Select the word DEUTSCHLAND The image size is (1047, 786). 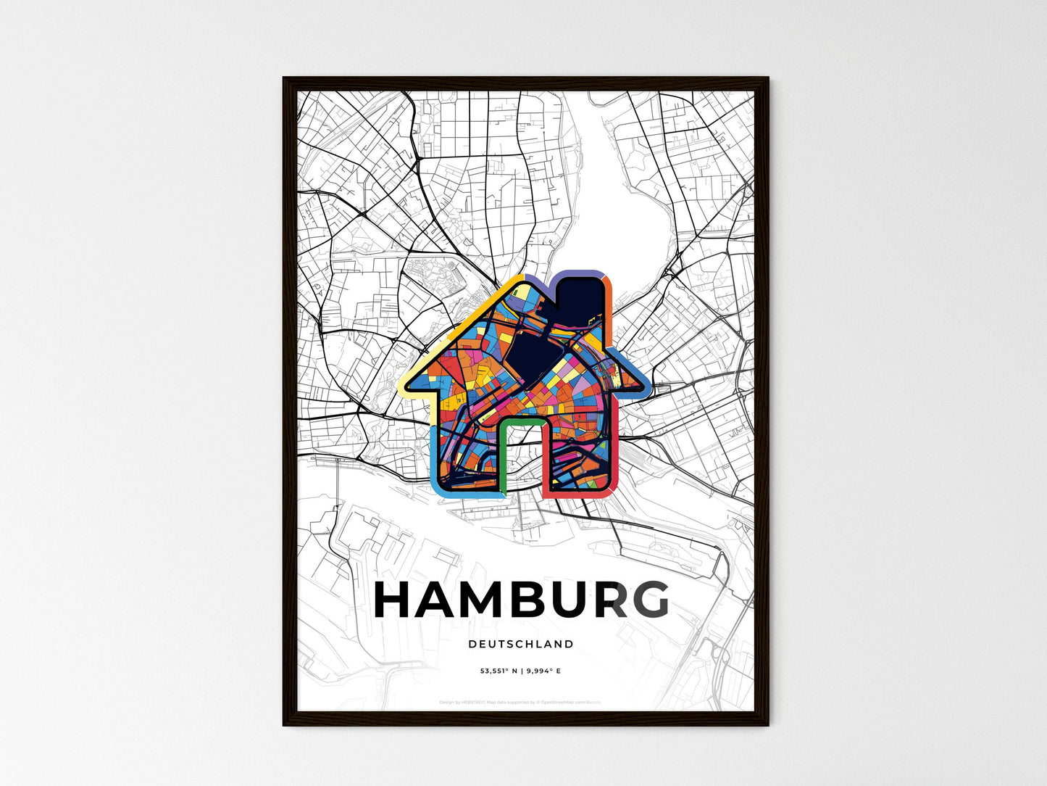pyautogui.click(x=521, y=644)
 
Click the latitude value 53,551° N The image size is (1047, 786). pyautogui.click(x=500, y=671)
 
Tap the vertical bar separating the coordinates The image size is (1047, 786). pyautogui.click(x=522, y=671)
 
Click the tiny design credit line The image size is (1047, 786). pyautogui.click(x=520, y=702)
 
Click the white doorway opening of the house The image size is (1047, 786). pyautogui.click(x=522, y=457)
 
